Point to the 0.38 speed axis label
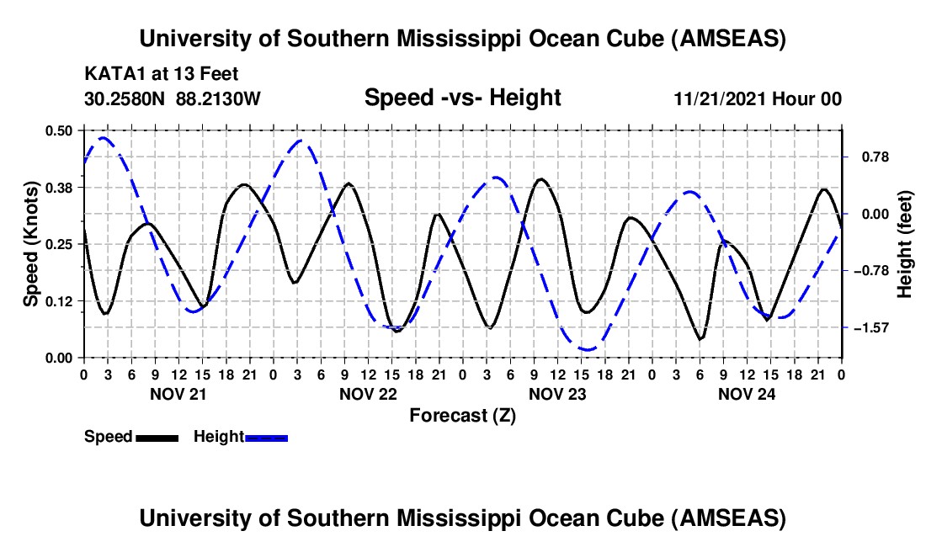click(x=59, y=187)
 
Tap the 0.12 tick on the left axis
click(x=59, y=300)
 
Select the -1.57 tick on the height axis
click(x=872, y=327)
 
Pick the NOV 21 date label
click(x=178, y=393)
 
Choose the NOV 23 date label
click(x=557, y=393)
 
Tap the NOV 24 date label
click(x=747, y=393)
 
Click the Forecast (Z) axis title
click(x=462, y=415)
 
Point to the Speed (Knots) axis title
click(x=30, y=243)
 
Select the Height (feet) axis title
click(x=905, y=244)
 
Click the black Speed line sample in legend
click(x=157, y=438)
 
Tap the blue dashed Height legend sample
click(x=267, y=438)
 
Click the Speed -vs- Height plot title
click(x=462, y=98)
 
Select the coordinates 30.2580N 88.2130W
click(x=173, y=99)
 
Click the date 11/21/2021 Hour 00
click(x=758, y=99)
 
